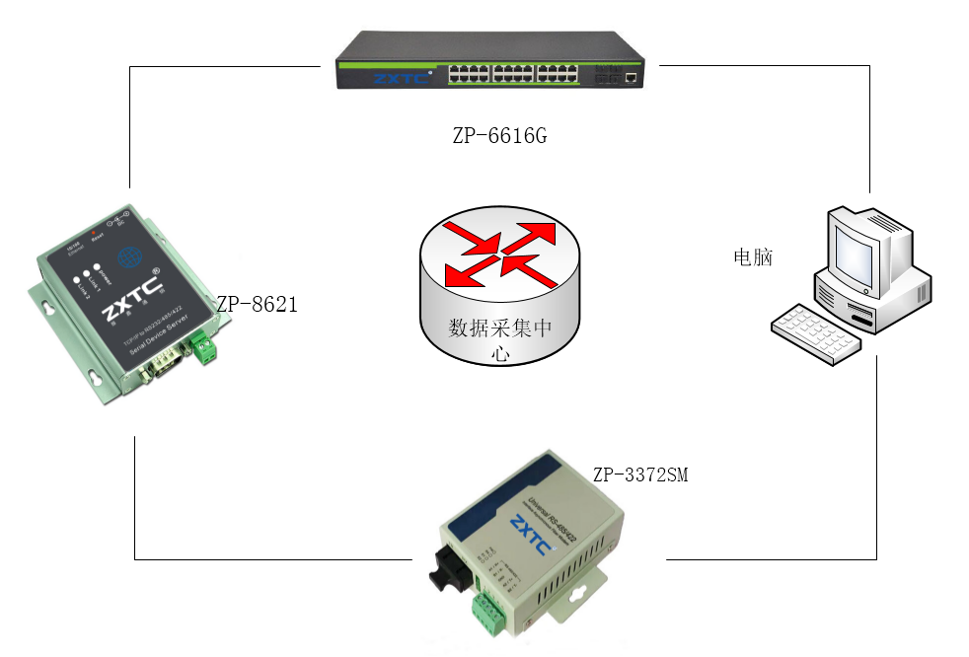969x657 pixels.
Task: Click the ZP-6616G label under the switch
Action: pos(498,136)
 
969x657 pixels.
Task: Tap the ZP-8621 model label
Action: pos(257,305)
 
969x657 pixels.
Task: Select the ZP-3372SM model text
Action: pos(639,475)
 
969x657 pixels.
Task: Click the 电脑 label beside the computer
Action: pos(753,257)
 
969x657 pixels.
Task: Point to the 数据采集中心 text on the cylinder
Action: pos(500,328)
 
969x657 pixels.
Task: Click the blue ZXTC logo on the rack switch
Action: pos(393,76)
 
